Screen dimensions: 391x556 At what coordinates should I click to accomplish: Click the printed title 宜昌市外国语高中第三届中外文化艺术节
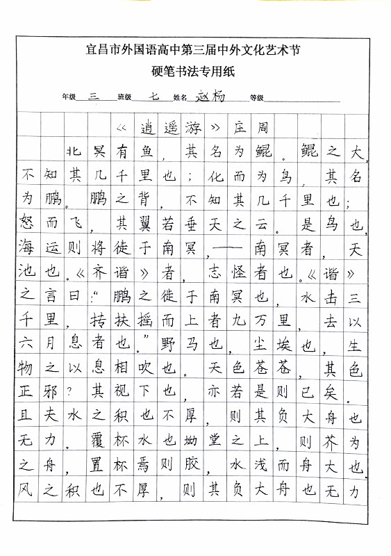click(194, 49)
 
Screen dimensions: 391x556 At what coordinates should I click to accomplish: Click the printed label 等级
click(257, 98)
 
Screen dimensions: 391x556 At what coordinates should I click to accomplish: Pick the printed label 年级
click(68, 98)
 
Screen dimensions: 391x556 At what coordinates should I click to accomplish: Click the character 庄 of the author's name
click(240, 128)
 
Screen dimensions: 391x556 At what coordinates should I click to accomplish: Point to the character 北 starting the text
click(74, 151)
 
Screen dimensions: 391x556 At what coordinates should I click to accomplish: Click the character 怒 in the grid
click(28, 224)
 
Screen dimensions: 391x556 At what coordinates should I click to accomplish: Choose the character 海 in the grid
click(28, 248)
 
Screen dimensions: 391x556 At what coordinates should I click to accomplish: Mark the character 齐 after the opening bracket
click(99, 272)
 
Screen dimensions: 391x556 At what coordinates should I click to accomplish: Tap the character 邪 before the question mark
click(51, 392)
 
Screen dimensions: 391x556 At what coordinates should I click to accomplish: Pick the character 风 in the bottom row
click(28, 491)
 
